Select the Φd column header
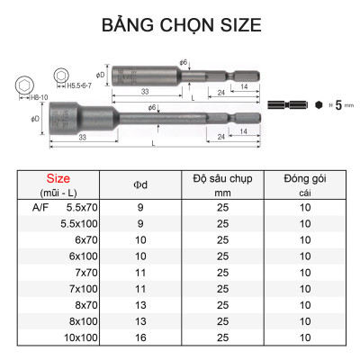[x=139, y=185]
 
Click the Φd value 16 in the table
[x=139, y=337]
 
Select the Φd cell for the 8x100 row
[x=139, y=322]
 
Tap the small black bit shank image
[x=295, y=104]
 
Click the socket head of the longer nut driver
[x=65, y=119]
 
